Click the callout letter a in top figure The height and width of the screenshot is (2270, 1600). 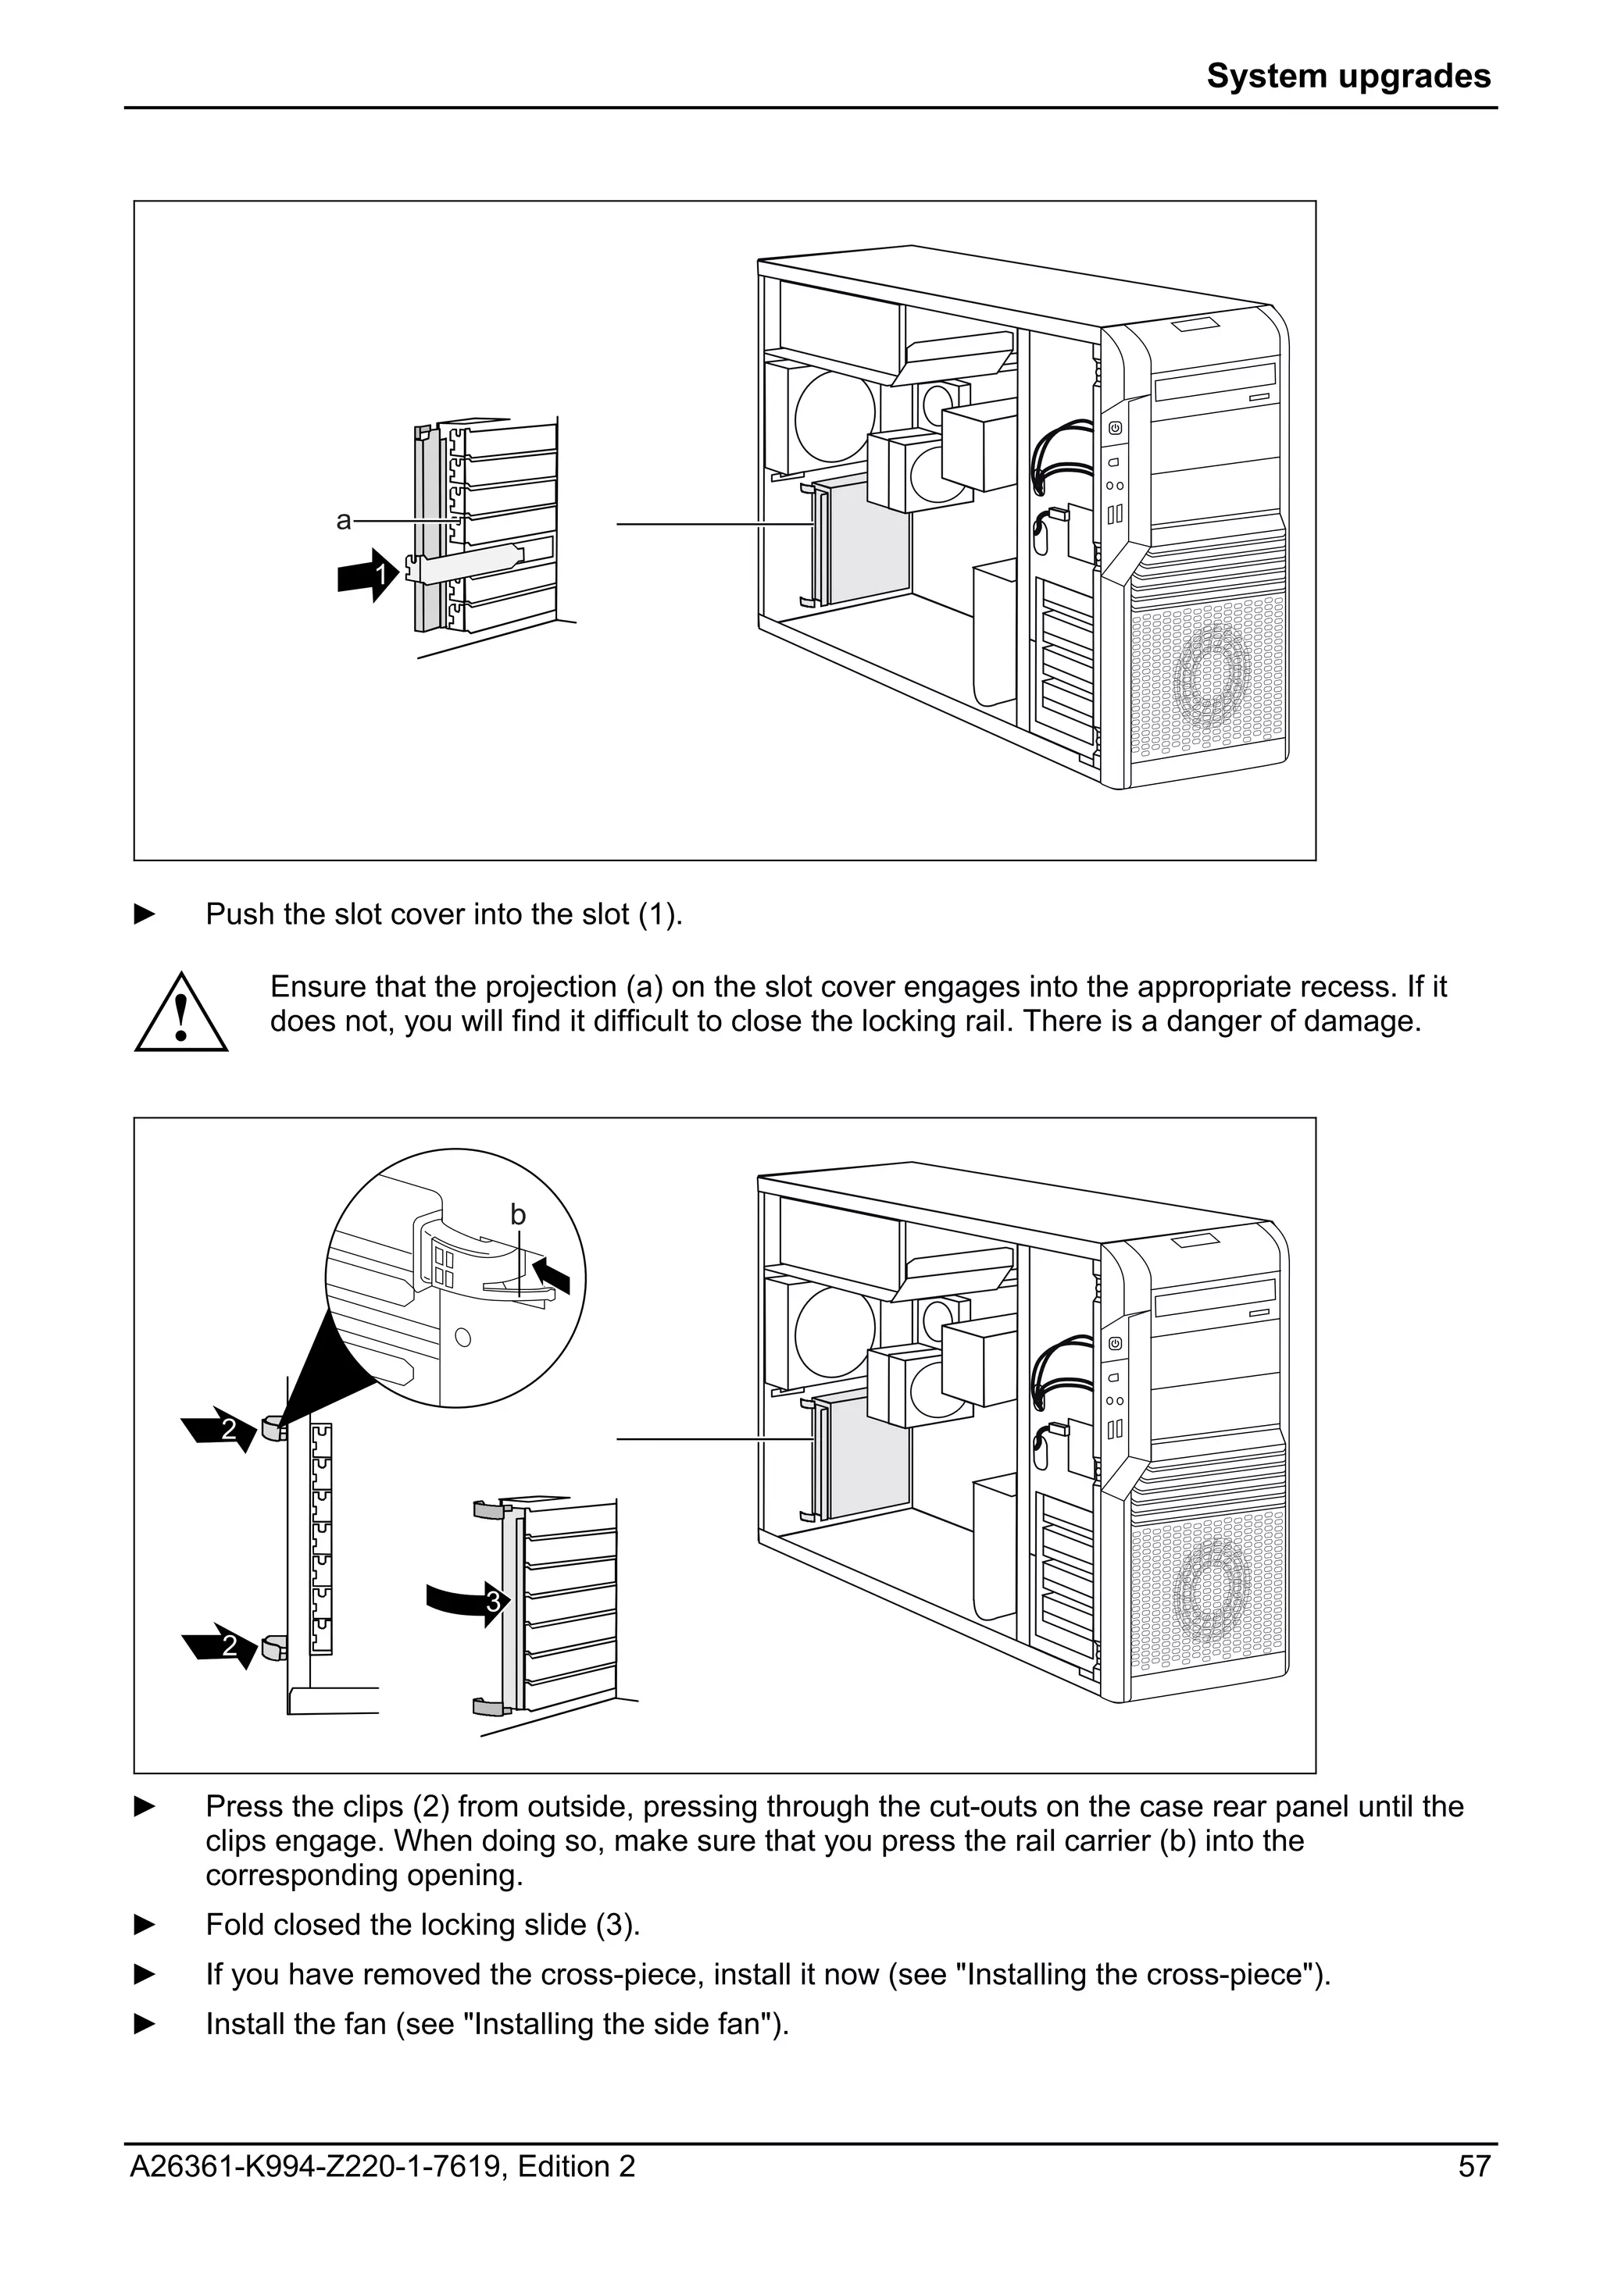(343, 521)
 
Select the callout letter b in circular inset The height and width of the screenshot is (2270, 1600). (517, 1214)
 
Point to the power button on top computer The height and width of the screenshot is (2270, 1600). (1115, 428)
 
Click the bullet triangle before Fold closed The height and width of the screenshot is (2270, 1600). (145, 1925)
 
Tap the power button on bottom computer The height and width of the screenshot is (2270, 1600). (1115, 1344)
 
